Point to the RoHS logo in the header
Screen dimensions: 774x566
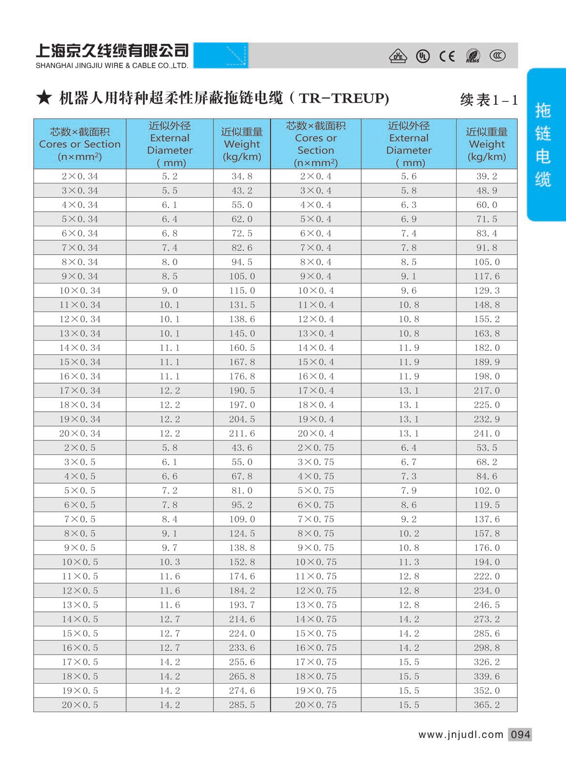(x=473, y=56)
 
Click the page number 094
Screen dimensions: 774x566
(x=520, y=734)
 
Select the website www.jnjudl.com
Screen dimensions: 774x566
(x=460, y=734)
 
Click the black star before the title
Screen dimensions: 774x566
(x=44, y=97)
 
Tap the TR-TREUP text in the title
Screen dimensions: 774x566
(x=344, y=98)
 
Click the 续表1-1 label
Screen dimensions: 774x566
(x=489, y=100)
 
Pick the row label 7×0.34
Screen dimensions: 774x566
(x=80, y=248)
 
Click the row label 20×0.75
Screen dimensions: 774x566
(x=316, y=705)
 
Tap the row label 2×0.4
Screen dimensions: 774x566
(x=316, y=176)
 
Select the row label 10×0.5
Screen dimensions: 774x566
(x=80, y=562)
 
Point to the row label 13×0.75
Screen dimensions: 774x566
(x=316, y=605)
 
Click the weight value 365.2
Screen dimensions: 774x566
(x=486, y=705)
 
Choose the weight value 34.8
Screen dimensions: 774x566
(x=242, y=176)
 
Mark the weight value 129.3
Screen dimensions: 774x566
(x=486, y=290)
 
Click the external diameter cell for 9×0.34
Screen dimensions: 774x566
(x=169, y=276)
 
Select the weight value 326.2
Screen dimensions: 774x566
(x=486, y=662)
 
